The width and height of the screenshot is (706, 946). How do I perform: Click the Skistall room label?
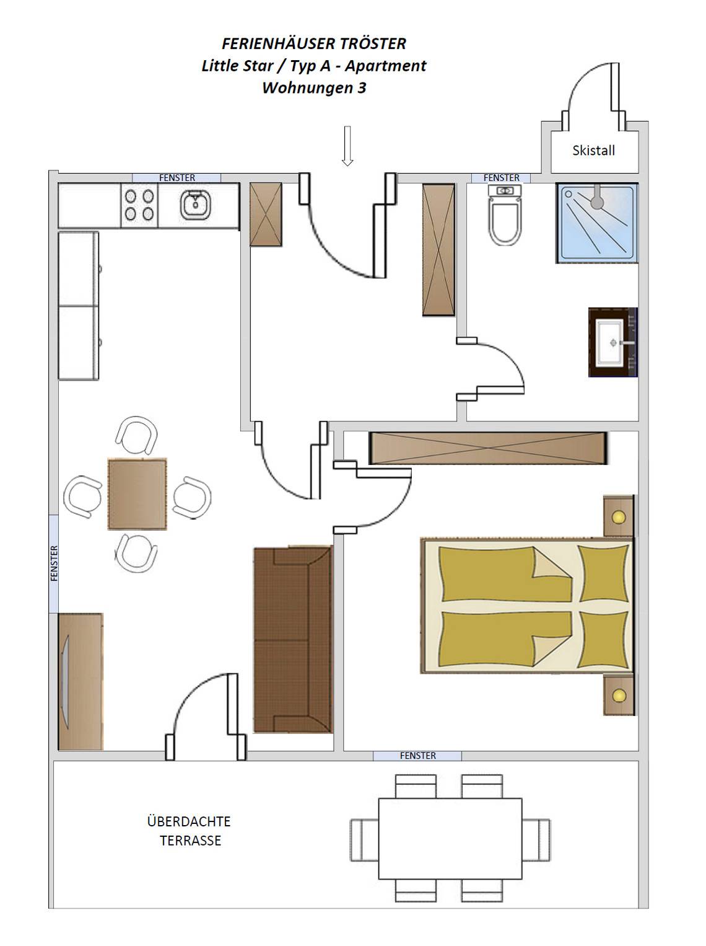click(593, 151)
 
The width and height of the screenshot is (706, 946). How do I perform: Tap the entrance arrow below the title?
click(347, 146)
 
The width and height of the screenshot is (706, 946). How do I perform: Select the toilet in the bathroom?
click(505, 215)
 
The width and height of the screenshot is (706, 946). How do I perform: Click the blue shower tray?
click(597, 223)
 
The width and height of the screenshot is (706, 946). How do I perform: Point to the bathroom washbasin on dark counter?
click(612, 342)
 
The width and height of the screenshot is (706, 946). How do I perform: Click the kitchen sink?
click(196, 205)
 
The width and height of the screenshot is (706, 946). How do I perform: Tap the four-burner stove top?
click(139, 205)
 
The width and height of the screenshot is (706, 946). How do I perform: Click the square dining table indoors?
click(137, 494)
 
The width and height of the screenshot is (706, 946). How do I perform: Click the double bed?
click(527, 606)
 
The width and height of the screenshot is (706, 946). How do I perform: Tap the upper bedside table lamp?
click(619, 517)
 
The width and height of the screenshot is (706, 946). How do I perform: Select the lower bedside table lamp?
click(619, 695)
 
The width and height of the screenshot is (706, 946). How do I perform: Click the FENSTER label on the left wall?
click(54, 564)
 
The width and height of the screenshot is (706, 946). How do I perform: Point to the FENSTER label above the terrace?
click(417, 756)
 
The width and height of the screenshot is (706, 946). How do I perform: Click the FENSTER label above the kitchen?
click(177, 177)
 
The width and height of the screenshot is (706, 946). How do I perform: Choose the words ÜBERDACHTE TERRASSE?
click(190, 831)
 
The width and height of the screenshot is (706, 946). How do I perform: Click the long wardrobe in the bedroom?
click(488, 448)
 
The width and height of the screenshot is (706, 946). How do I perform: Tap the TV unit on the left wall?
click(81, 681)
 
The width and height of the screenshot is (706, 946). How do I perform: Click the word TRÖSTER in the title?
click(373, 43)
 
